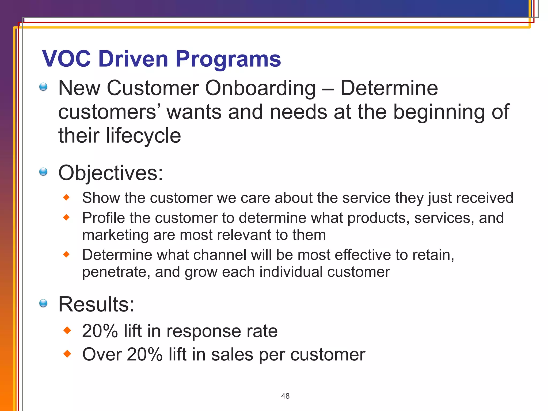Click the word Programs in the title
pos(228,59)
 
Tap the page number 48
pos(285,396)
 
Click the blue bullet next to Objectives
pos(43,172)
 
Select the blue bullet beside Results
pos(43,303)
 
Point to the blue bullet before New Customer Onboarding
pos(43,87)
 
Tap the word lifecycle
pos(143,136)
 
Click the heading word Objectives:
pos(111,173)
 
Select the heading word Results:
pos(96,305)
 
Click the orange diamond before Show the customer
pos(66,198)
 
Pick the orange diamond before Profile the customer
pos(66,218)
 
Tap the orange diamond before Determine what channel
pos(66,254)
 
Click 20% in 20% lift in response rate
pos(100,331)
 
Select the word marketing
pos(115,235)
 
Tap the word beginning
pos(439,112)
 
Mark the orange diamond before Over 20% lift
pos(67,354)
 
